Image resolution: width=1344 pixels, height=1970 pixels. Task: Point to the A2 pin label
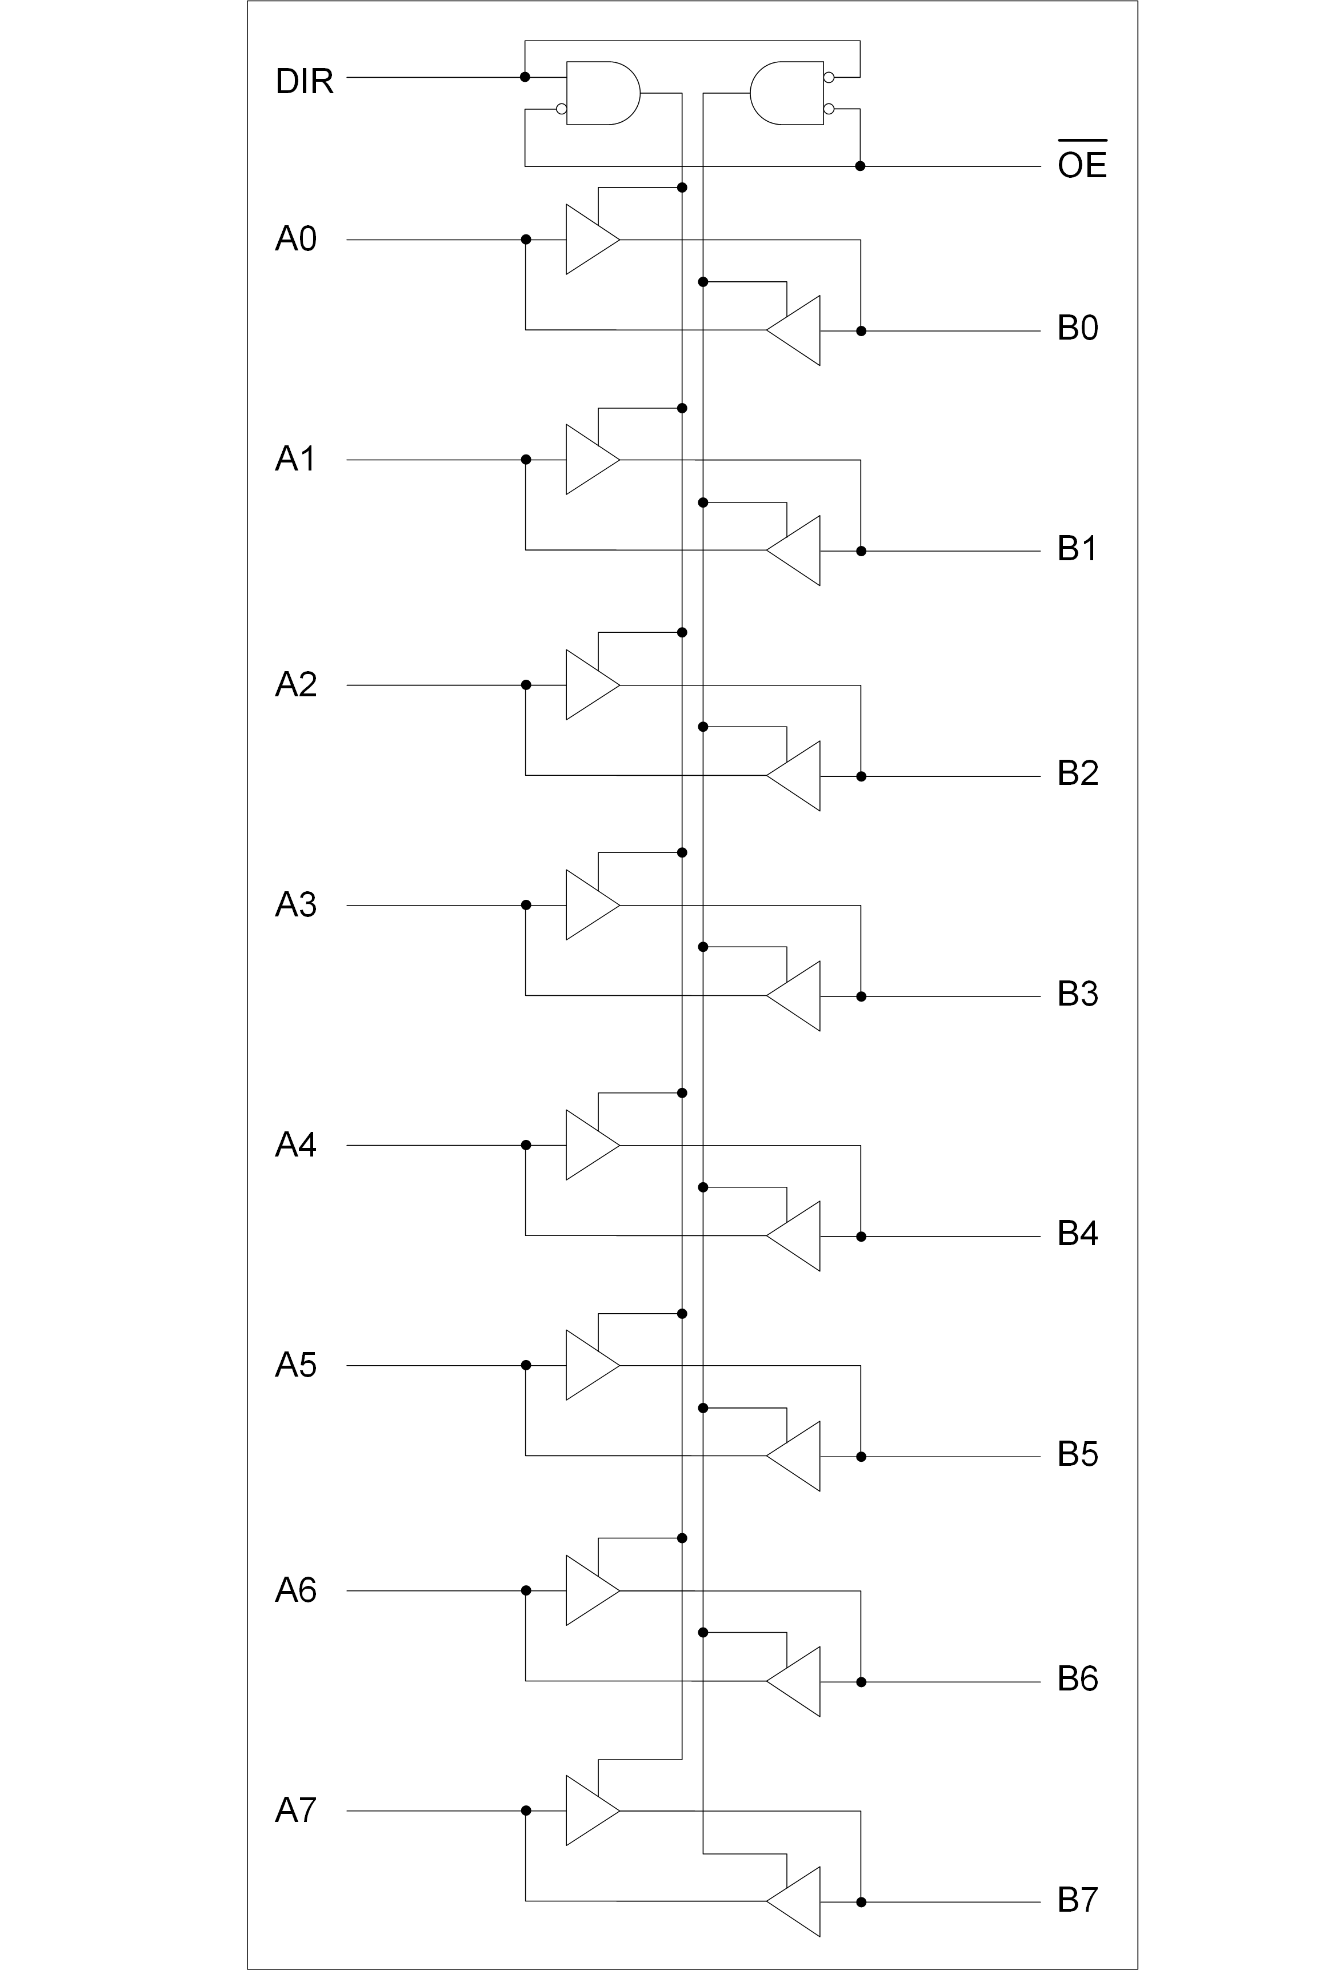click(298, 683)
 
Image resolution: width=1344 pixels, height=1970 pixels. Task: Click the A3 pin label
click(298, 906)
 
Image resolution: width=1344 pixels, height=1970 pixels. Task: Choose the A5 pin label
click(298, 1366)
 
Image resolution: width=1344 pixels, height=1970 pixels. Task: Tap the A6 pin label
click(298, 1589)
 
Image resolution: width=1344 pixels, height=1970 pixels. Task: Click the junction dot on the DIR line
click(525, 77)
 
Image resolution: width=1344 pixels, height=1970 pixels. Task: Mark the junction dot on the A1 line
click(525, 460)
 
